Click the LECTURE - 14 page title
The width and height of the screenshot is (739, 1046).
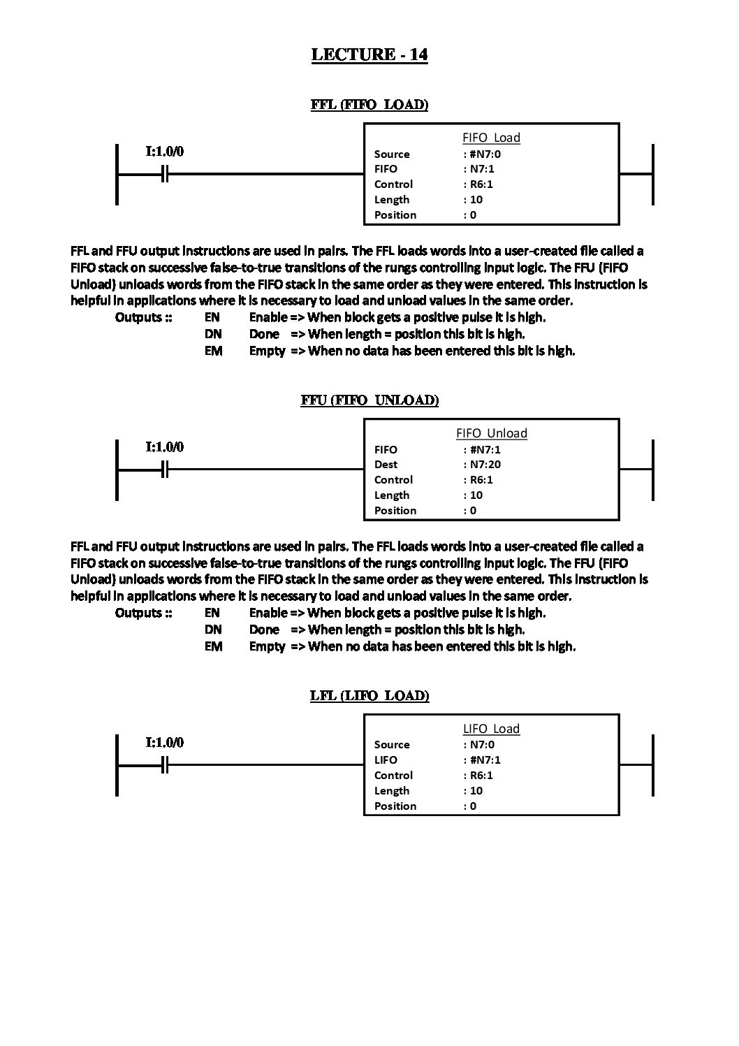coord(369,55)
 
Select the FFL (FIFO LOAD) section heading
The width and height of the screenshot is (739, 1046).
coord(369,105)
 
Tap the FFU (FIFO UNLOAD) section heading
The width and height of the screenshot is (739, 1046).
coord(369,400)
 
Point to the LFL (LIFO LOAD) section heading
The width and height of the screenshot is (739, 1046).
coord(369,696)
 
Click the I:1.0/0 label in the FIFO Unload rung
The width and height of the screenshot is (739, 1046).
coord(165,446)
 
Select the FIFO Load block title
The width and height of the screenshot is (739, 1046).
coord(491,138)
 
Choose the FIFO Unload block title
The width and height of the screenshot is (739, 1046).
coord(491,433)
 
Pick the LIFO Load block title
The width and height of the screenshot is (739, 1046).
coord(491,729)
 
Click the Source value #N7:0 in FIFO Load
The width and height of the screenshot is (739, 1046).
coord(485,154)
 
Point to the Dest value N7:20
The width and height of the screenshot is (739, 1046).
coord(485,464)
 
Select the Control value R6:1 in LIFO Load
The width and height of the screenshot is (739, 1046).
coord(481,775)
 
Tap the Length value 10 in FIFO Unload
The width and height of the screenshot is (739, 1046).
coord(476,495)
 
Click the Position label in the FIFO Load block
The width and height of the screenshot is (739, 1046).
coord(395,215)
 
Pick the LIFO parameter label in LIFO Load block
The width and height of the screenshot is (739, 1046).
coord(386,760)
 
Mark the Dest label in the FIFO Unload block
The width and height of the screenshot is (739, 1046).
coord(386,464)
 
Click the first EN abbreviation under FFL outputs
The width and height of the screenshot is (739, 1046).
coord(212,317)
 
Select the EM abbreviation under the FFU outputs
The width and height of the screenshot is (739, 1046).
coord(213,646)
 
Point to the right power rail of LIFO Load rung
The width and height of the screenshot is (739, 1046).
coord(652,765)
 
